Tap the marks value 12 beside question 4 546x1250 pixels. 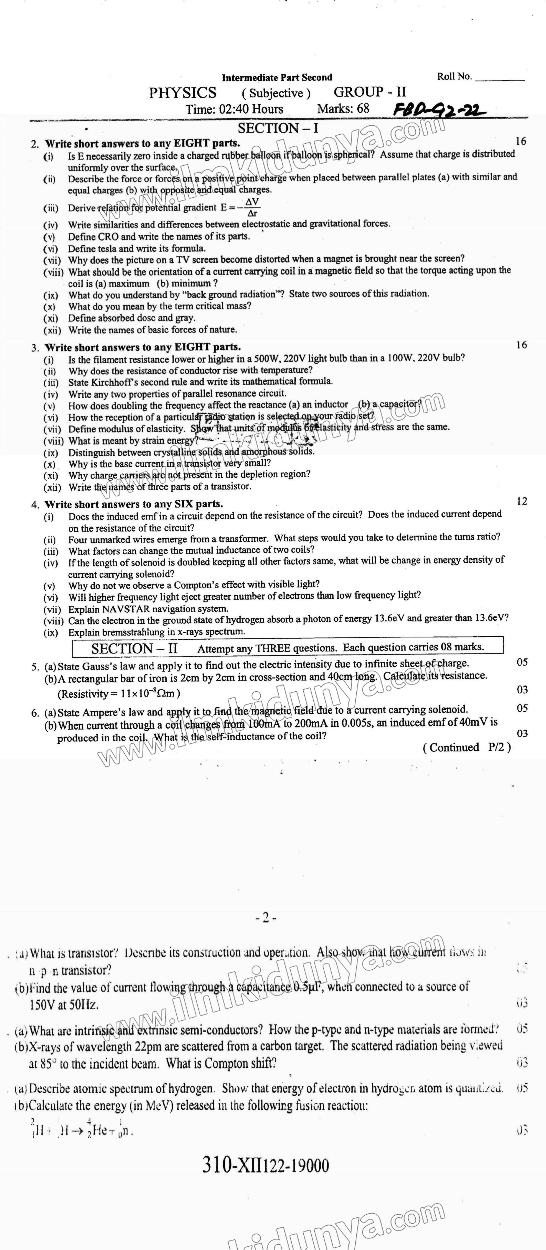[522, 501]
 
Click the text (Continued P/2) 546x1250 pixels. [467, 747]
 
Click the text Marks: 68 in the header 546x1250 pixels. [343, 109]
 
